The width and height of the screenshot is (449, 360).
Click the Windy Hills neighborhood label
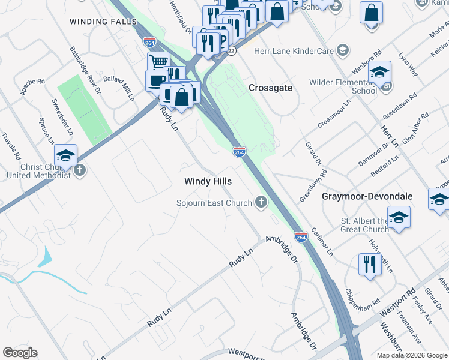(208, 181)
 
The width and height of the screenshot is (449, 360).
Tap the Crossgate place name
(271, 88)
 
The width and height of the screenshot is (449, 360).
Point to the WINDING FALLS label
(100, 22)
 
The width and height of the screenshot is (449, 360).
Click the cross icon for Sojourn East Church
(261, 203)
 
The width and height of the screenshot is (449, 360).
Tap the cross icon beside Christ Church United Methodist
(79, 171)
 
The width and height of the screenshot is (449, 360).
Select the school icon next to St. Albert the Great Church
(398, 218)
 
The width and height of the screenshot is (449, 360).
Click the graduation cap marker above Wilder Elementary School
(379, 73)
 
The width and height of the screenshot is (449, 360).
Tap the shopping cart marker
(159, 62)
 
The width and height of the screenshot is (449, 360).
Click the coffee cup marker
(157, 80)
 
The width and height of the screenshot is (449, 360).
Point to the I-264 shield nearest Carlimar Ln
(301, 238)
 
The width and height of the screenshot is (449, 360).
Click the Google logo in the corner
(19, 353)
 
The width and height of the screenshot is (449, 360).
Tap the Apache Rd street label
(32, 88)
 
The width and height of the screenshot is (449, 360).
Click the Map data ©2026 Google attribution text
(411, 355)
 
